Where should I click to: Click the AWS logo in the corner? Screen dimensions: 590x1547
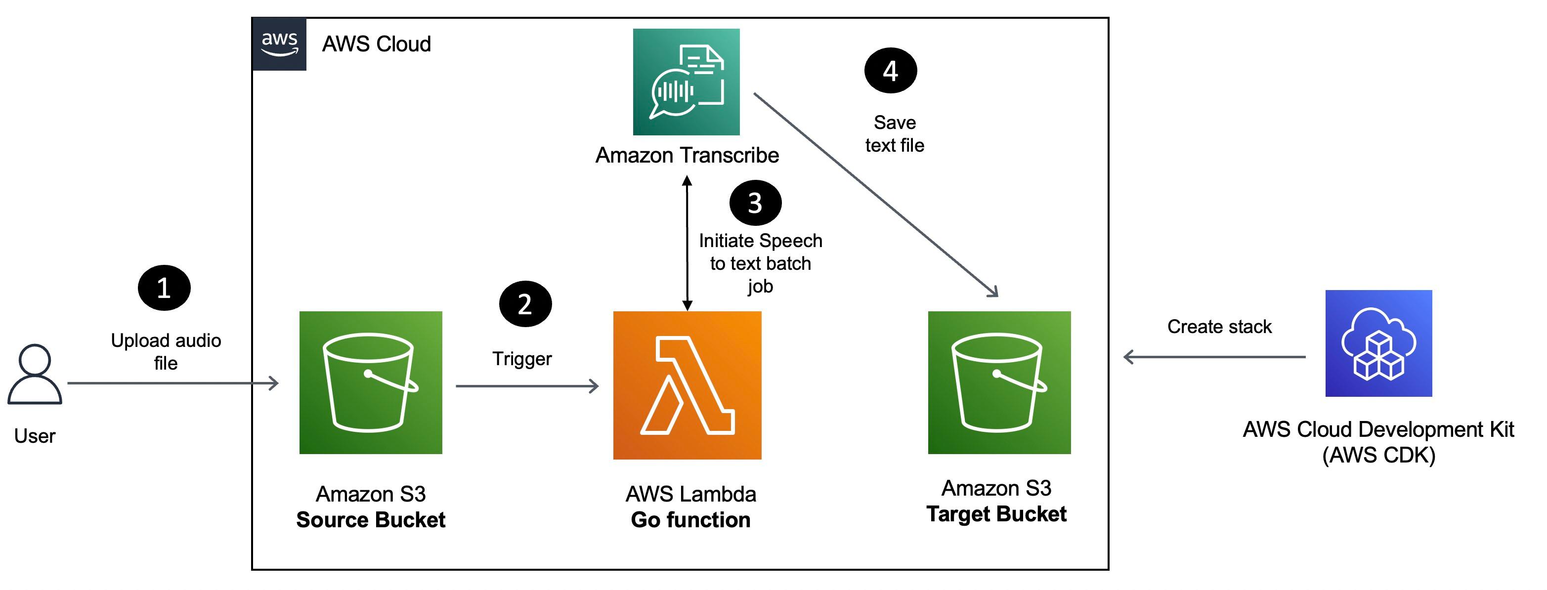279,44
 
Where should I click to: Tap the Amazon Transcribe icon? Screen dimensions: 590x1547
686,82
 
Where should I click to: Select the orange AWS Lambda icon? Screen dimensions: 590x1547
687,385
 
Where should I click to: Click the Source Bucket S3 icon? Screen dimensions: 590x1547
371,382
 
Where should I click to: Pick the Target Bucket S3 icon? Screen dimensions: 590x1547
999,382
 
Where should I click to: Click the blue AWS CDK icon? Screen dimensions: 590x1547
1378,343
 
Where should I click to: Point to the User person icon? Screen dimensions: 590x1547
35,374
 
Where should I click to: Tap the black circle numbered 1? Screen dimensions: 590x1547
164,288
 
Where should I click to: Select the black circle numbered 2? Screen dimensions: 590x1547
525,304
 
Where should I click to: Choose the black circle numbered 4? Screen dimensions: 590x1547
890,71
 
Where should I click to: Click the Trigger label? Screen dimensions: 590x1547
522,359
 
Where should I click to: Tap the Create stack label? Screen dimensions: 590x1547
1219,327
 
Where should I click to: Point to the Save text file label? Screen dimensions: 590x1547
894,134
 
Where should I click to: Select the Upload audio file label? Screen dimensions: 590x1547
166,352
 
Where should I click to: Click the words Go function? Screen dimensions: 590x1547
690,520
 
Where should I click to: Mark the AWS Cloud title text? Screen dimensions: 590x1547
377,44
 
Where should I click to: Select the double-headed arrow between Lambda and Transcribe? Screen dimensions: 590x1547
687,243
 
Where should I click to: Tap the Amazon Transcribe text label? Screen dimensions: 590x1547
687,156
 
